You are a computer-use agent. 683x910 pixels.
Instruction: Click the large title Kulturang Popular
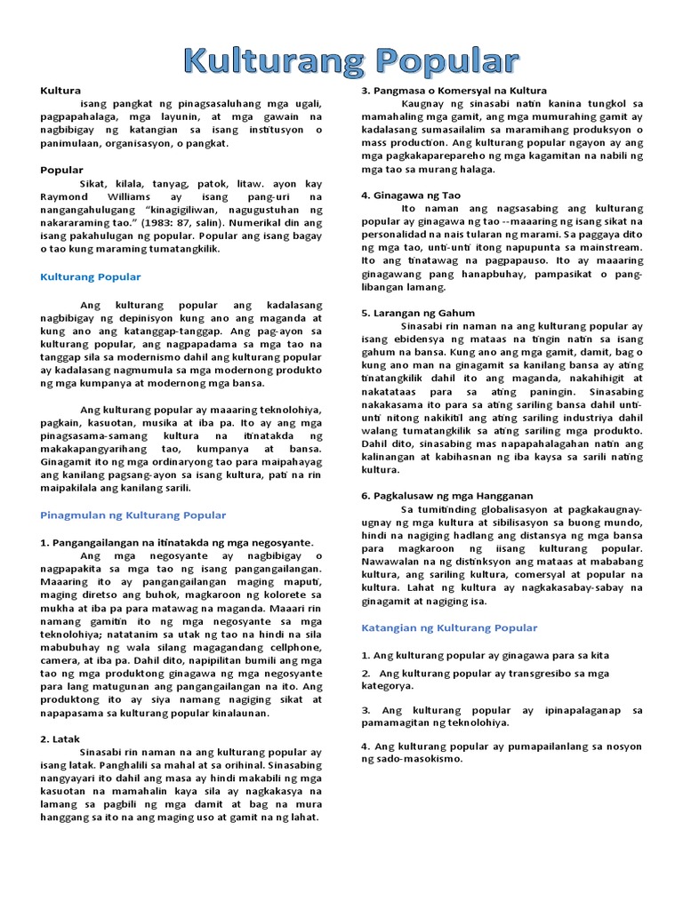351,61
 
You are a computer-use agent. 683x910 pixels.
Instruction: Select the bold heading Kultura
60,91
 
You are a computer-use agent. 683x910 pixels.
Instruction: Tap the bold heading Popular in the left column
61,170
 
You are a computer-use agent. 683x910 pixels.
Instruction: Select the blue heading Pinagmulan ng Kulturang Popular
133,515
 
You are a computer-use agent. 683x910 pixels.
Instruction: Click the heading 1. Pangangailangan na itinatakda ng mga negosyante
177,542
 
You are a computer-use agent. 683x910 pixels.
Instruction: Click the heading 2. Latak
60,739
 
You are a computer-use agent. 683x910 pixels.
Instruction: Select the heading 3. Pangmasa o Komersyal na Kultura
454,91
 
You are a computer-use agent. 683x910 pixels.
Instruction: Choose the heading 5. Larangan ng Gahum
418,313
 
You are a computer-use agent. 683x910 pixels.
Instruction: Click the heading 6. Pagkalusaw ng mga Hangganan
446,496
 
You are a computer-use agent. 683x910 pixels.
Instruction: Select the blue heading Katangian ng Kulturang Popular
449,628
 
